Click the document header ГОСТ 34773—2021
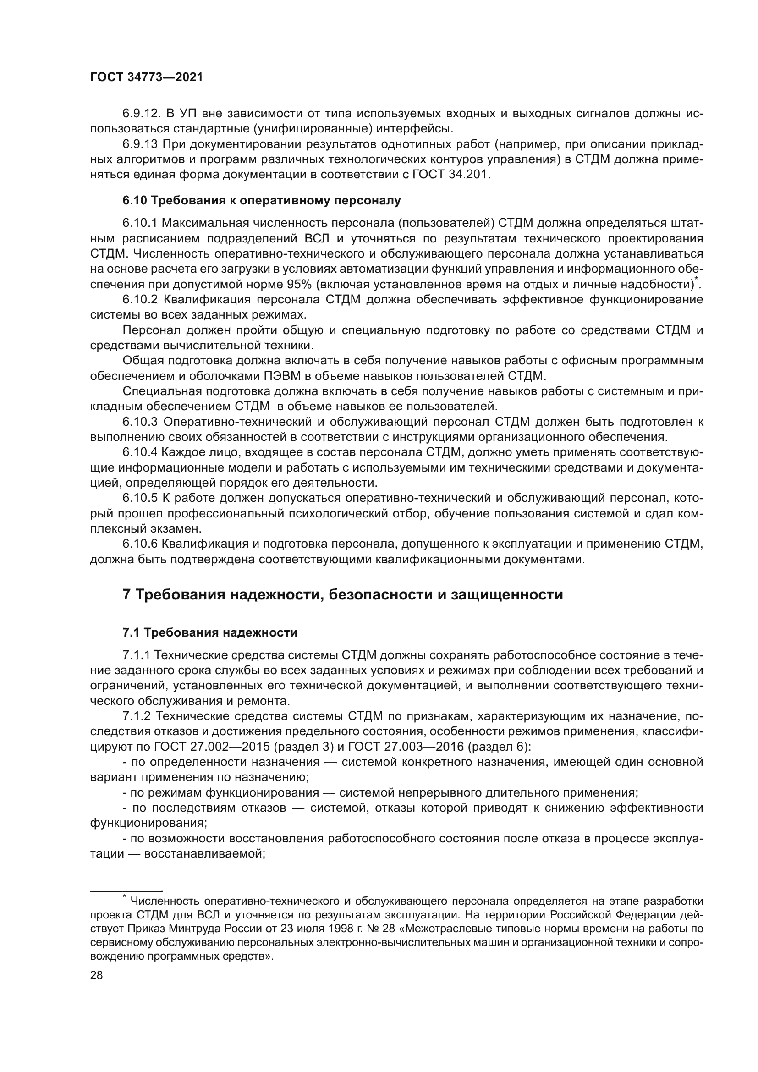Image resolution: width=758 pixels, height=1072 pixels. pyautogui.click(x=146, y=77)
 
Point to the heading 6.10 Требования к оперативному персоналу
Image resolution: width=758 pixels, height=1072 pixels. pyautogui.click(x=261, y=201)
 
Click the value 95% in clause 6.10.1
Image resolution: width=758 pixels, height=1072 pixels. pyautogui.click(x=296, y=285)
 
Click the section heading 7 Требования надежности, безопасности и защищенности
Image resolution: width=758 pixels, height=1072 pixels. pyautogui.click(x=343, y=595)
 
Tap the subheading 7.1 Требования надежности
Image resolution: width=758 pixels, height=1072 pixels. pyautogui.click(x=210, y=632)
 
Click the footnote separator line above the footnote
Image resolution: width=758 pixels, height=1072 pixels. pyautogui.click(x=126, y=891)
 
